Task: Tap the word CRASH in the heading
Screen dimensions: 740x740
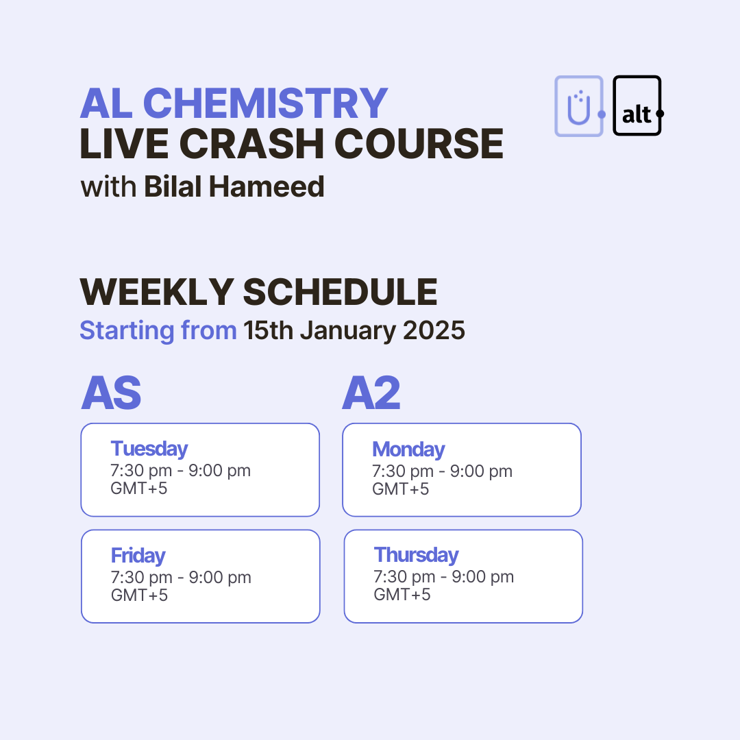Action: point(268,145)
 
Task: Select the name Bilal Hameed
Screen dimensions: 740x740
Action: point(234,186)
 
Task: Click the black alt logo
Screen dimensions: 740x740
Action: point(637,106)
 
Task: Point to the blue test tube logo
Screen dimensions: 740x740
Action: point(579,106)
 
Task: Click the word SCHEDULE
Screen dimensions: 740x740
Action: point(340,293)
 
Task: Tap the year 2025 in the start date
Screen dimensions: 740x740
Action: point(434,330)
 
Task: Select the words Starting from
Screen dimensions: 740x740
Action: point(158,330)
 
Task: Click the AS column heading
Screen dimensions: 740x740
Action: point(111,394)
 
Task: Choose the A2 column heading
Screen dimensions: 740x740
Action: point(371,394)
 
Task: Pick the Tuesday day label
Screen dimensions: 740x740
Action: point(149,449)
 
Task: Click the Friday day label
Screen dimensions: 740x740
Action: point(138,555)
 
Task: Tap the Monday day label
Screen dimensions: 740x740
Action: point(408,449)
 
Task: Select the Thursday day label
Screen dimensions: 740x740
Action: point(416,554)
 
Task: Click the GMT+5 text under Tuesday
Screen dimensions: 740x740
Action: point(139,489)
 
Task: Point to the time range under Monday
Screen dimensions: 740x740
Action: point(442,471)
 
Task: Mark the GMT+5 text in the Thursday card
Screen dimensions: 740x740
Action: point(402,594)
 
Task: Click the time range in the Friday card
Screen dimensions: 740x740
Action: point(181,578)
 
